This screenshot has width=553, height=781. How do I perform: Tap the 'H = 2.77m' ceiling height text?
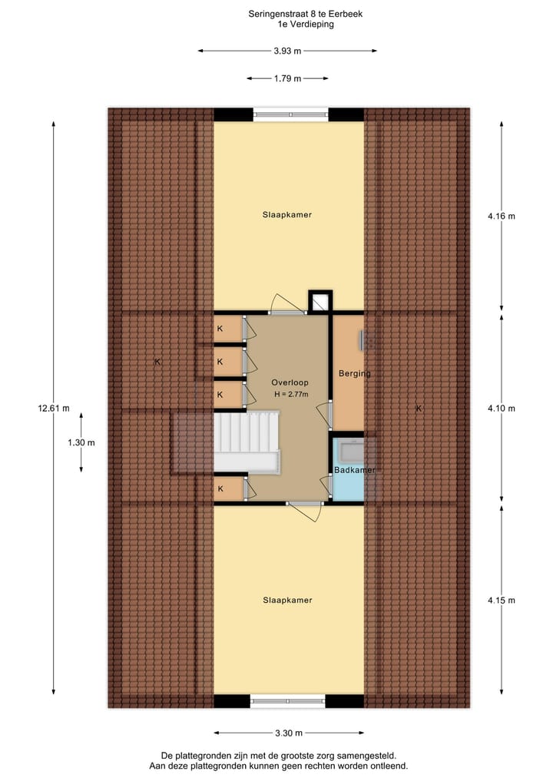[x=290, y=395]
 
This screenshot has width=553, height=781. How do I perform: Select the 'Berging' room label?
[x=354, y=374]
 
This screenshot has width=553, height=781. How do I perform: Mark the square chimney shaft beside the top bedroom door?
[x=320, y=302]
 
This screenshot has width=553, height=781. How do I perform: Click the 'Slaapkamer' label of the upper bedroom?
[x=287, y=215]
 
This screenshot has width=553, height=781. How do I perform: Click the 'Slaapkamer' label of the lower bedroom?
[x=287, y=601]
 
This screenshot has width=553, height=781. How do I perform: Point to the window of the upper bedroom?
[x=290, y=114]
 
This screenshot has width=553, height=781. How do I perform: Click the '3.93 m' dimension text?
[x=287, y=51]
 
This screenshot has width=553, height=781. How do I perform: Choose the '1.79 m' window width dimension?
[x=287, y=78]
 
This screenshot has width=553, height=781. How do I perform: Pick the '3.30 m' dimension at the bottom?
[x=287, y=733]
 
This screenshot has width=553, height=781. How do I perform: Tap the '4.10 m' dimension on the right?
[x=501, y=409]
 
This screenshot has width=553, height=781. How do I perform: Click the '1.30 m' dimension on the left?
[x=81, y=442]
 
